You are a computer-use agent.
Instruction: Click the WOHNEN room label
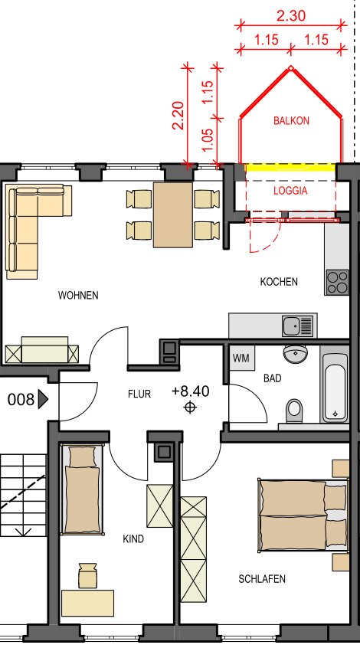(x=78, y=295)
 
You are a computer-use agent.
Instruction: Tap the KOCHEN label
(x=279, y=282)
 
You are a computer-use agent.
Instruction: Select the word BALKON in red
(x=291, y=121)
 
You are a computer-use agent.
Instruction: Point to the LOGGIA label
(x=290, y=191)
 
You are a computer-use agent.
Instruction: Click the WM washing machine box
(x=241, y=358)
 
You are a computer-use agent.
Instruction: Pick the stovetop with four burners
(x=337, y=283)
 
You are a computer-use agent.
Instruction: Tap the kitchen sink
(x=298, y=326)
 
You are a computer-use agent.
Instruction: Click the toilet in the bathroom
(x=294, y=411)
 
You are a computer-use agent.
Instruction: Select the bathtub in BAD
(x=335, y=388)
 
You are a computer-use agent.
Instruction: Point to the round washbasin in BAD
(x=296, y=354)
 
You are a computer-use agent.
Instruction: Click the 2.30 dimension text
(x=291, y=16)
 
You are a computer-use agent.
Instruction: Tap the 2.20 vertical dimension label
(x=178, y=116)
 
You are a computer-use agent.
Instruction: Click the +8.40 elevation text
(x=191, y=391)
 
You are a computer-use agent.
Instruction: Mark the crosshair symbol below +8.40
(x=190, y=408)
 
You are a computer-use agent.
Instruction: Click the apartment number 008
(x=21, y=400)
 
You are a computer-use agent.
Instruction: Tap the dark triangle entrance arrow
(x=43, y=400)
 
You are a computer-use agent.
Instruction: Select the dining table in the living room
(x=173, y=215)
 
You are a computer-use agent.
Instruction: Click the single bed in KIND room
(x=82, y=489)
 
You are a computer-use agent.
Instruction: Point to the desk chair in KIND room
(x=87, y=575)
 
